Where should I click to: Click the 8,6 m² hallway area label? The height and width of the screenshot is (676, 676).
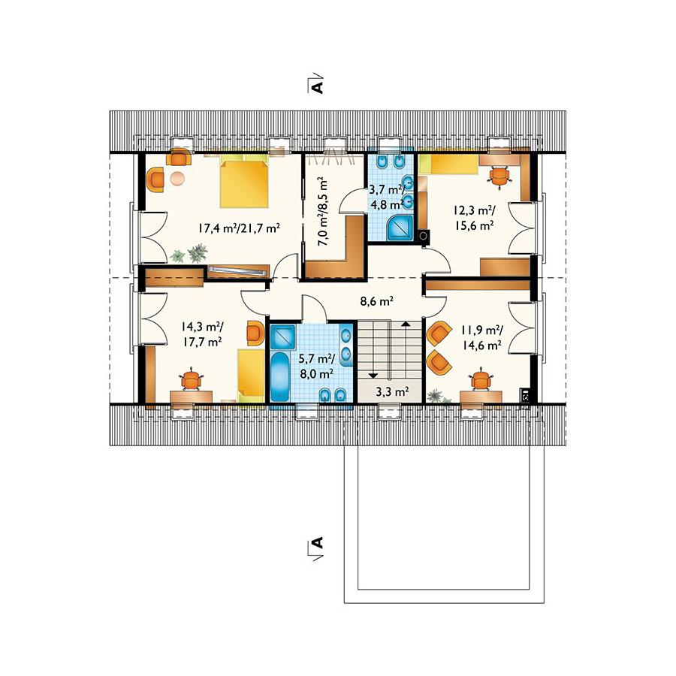tap(376, 301)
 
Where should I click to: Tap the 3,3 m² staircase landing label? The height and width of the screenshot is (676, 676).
tap(392, 391)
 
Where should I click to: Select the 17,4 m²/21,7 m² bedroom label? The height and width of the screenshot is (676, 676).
tap(240, 228)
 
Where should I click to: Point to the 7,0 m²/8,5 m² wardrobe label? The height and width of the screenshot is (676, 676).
tap(322, 211)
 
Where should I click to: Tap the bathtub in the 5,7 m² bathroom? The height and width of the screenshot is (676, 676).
tap(281, 376)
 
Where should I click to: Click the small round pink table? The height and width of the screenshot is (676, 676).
tap(177, 178)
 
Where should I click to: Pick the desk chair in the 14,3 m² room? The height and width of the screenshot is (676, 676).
tap(191, 380)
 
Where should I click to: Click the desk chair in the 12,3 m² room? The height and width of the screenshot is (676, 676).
tap(499, 176)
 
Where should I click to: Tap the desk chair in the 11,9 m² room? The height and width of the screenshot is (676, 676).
tap(480, 380)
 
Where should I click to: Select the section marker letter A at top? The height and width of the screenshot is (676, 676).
tap(317, 86)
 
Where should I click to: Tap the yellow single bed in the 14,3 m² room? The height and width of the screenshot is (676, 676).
tap(251, 375)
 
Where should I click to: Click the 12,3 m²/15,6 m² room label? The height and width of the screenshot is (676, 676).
tap(474, 218)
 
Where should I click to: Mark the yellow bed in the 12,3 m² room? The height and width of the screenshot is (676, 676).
tap(449, 164)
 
